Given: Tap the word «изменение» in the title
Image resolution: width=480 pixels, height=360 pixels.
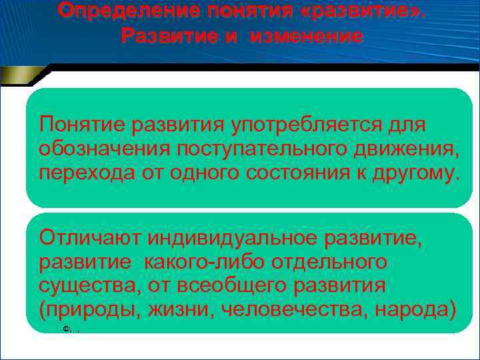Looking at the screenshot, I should point(307,37).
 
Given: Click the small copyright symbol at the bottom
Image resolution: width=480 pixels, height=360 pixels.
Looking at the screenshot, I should point(66,329).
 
